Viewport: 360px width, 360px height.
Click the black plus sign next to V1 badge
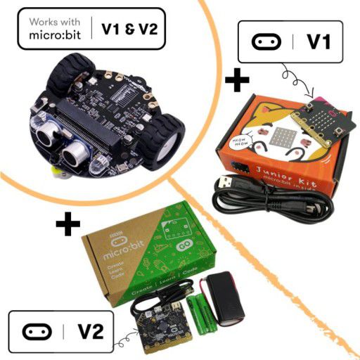point(237,79)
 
